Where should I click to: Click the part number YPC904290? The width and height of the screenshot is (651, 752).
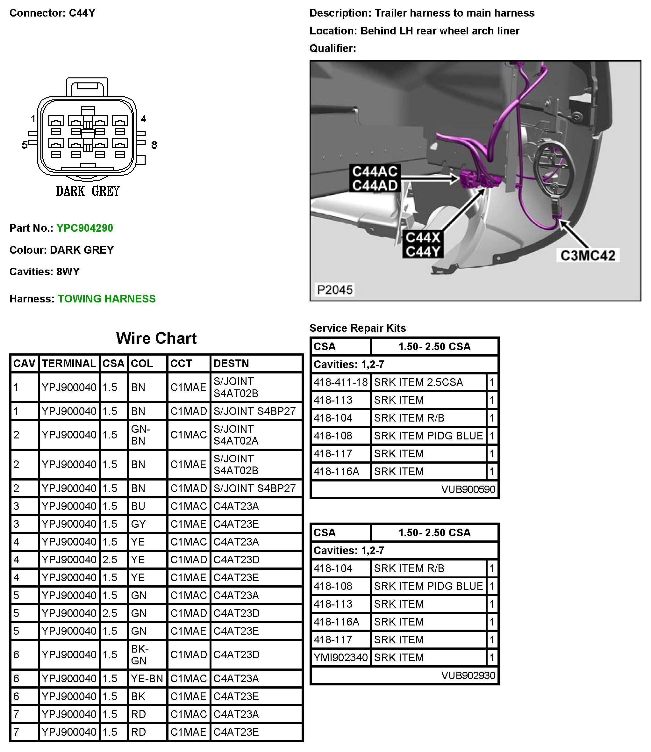click(x=85, y=228)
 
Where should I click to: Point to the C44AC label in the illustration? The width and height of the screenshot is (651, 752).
click(x=375, y=171)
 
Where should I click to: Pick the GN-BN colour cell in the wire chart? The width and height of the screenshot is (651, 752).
click(x=140, y=435)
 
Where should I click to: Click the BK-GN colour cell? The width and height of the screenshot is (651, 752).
click(x=140, y=654)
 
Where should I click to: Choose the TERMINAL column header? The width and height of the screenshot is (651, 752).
click(x=69, y=364)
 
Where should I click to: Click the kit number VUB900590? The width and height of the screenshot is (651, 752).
click(x=468, y=489)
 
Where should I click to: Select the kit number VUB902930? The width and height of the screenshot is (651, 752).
click(x=468, y=675)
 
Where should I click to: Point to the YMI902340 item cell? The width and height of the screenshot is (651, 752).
click(x=340, y=657)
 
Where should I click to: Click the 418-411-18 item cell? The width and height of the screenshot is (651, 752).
click(x=340, y=382)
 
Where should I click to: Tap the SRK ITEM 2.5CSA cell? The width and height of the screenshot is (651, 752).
click(x=418, y=382)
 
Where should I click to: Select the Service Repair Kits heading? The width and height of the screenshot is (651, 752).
click(x=357, y=328)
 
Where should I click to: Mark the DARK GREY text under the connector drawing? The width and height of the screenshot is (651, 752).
click(x=88, y=191)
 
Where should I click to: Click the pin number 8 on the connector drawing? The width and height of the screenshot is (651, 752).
click(x=154, y=145)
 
